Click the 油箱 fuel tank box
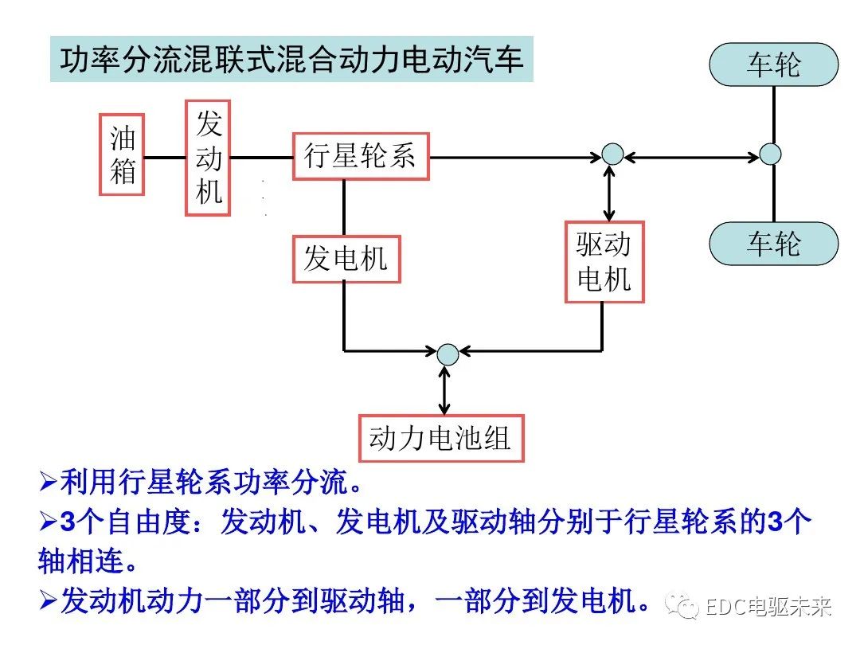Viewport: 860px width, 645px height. click(123, 154)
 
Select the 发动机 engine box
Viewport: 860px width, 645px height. click(208, 158)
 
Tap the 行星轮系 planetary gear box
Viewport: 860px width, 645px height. click(360, 156)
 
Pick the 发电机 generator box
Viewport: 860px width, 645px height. click(346, 259)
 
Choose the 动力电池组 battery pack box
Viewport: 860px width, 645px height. click(441, 438)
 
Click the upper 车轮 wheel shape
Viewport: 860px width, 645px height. click(773, 64)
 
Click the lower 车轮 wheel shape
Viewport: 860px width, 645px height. click(773, 243)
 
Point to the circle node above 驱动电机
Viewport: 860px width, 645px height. click(612, 154)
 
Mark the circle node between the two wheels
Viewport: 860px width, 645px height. click(770, 154)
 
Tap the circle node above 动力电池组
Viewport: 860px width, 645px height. click(448, 354)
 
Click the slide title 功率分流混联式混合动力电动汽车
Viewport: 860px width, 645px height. click(291, 59)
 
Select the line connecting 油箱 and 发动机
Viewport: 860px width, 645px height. click(165, 157)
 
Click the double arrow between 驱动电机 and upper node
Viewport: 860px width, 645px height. click(610, 193)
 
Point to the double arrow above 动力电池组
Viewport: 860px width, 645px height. click(444, 390)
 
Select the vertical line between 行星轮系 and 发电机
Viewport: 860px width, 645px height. click(344, 208)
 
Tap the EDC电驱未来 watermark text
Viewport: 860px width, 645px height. click(768, 608)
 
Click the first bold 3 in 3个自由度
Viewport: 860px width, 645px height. click(69, 522)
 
